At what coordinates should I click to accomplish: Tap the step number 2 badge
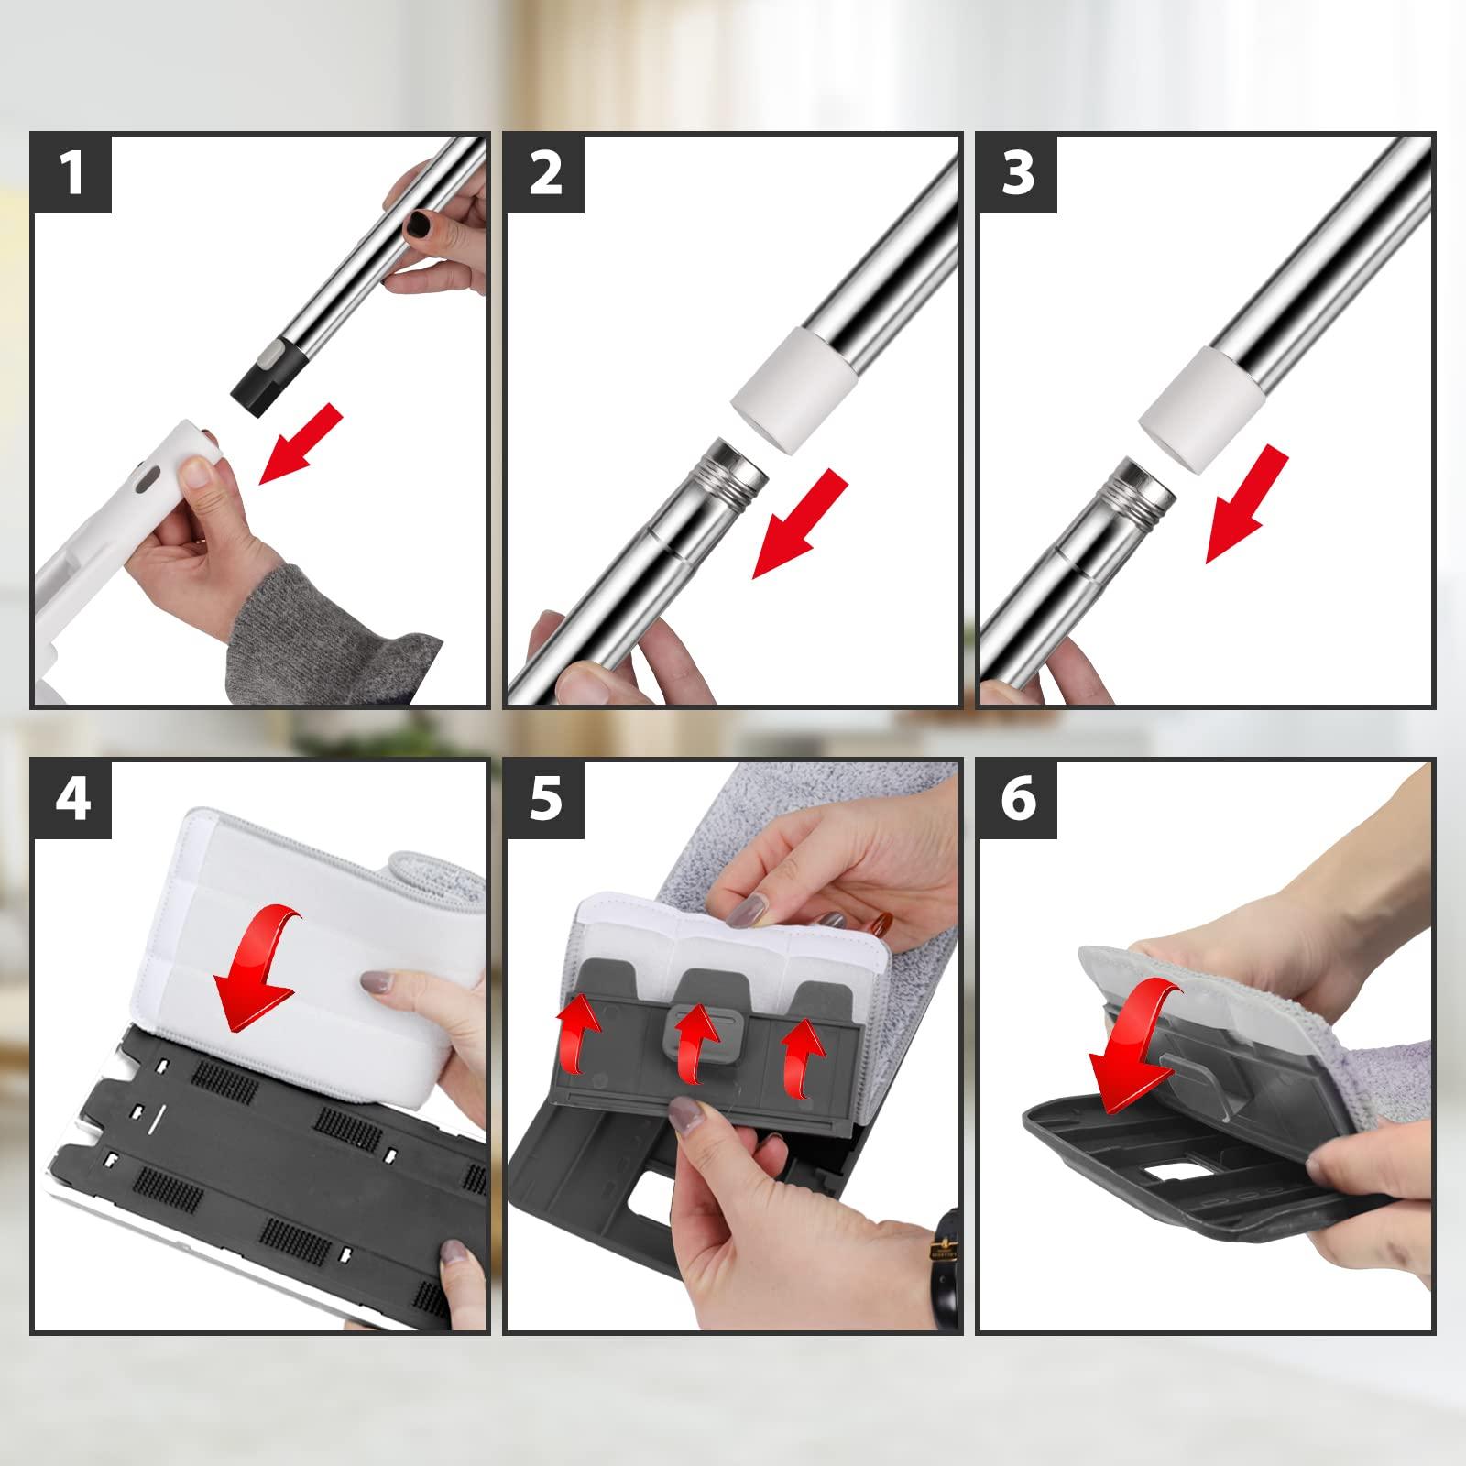click(x=544, y=174)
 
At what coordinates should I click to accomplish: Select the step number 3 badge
click(x=1017, y=174)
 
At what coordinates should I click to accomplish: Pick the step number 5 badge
click(x=544, y=798)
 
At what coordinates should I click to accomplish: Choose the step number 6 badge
click(x=1017, y=798)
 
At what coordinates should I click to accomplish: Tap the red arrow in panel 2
click(x=795, y=525)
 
